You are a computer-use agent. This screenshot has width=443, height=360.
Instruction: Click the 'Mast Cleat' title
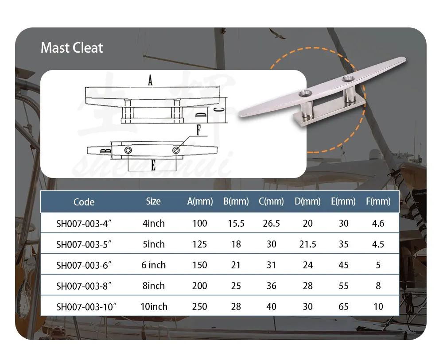coord(72,48)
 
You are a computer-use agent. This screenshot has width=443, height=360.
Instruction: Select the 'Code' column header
coord(84,202)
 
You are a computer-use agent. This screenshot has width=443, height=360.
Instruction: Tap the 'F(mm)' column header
coord(378,201)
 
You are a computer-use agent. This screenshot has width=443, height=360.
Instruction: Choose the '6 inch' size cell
coord(153,265)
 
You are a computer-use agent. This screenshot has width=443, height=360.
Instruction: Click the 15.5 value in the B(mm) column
coord(236,223)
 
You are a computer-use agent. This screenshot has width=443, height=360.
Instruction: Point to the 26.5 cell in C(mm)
coord(271,223)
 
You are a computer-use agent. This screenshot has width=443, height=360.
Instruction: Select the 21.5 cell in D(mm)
coord(307,244)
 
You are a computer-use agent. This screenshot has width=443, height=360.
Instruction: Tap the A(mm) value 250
coord(200,306)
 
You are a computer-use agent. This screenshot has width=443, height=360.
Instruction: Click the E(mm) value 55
coord(343,286)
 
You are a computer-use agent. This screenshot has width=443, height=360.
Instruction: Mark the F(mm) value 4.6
coord(378,223)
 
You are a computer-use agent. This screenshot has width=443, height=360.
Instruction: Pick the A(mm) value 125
coord(200,244)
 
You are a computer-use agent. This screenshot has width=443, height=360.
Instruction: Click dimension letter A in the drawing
coord(150,81)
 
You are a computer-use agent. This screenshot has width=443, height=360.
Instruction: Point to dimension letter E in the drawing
coord(153,166)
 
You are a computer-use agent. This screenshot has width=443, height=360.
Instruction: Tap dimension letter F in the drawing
coord(198,131)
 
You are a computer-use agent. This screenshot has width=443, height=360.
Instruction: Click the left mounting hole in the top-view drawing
coord(128,151)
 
